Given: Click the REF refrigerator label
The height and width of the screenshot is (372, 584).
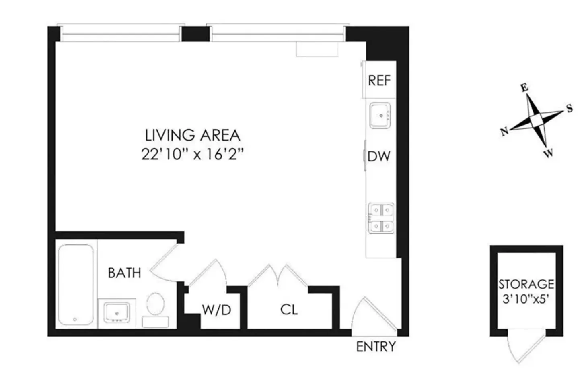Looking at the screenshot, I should click(x=379, y=81).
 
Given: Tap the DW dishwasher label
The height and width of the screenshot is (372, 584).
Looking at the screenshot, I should click(x=379, y=156).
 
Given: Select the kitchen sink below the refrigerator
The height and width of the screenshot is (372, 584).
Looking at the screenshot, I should click(x=380, y=115).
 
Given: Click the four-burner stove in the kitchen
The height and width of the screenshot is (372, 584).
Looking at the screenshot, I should click(x=380, y=218).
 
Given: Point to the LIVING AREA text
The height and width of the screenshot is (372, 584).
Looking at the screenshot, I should click(x=192, y=135).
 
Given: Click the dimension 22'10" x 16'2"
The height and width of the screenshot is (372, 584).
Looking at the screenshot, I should click(x=193, y=155).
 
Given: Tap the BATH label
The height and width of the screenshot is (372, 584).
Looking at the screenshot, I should click(x=124, y=273).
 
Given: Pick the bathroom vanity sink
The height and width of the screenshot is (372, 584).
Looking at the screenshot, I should click(x=116, y=312).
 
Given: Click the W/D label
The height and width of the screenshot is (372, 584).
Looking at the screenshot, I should click(x=216, y=310).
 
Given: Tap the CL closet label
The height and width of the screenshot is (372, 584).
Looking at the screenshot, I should click(x=289, y=310).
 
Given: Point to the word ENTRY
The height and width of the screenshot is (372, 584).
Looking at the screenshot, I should click(x=376, y=347).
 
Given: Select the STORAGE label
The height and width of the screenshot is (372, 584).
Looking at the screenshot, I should click(x=526, y=284).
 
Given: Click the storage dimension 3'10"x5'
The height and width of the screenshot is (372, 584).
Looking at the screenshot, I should click(x=526, y=300).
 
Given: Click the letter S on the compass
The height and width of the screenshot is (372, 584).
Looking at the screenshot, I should click(x=569, y=108).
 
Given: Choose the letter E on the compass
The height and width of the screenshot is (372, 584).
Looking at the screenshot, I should click(x=524, y=88).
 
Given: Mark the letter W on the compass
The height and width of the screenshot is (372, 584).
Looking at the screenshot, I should click(x=548, y=153).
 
